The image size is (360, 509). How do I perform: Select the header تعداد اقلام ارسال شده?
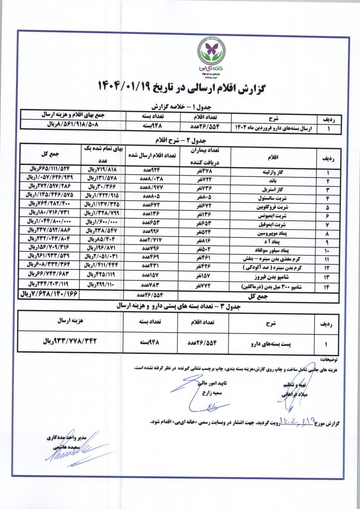149,156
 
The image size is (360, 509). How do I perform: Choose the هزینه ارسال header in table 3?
73,322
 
